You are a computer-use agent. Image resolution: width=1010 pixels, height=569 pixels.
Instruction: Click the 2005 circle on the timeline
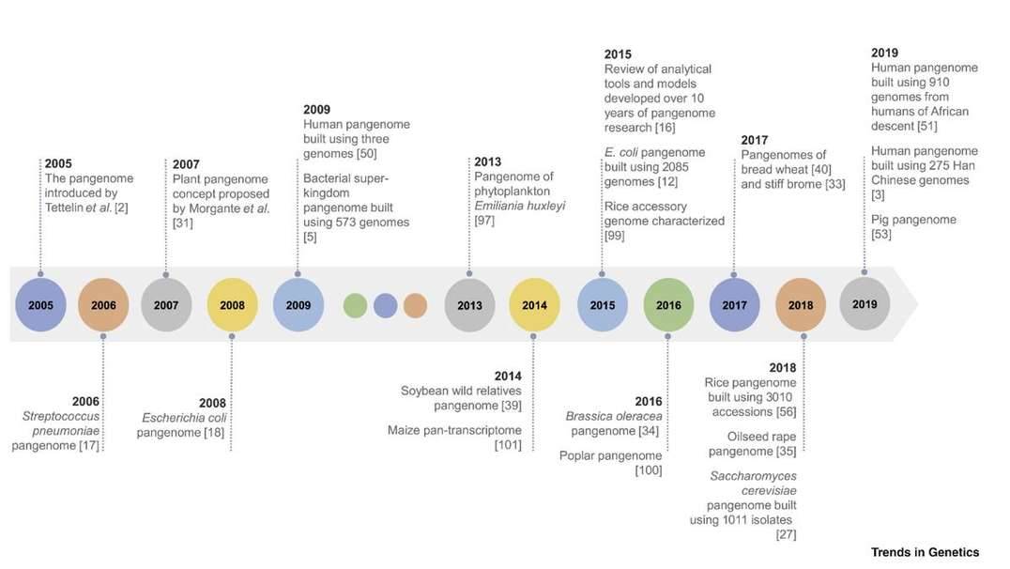pos(40,305)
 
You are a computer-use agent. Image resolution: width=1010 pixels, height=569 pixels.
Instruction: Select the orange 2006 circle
pos(103,305)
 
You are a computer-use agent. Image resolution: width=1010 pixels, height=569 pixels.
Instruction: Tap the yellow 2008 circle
pos(232,305)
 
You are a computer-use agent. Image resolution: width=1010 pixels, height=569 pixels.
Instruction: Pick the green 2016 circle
pos(668,305)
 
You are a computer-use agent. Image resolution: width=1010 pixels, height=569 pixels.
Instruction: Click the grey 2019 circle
pos(865,303)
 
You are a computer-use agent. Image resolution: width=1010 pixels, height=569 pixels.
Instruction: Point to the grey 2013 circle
pos(469,305)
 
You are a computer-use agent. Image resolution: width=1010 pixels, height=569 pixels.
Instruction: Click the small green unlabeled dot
pos(355,305)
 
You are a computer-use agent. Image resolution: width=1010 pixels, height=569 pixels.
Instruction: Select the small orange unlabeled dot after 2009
pos(415,305)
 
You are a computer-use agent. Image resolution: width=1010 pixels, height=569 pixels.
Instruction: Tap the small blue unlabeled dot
pos(385,305)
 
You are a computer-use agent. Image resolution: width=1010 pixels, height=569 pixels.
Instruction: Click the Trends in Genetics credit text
pos(924,552)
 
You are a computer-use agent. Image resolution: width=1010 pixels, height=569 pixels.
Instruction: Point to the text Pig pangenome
pos(913,220)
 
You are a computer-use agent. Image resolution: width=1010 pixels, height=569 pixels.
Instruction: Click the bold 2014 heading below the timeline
pos(508,377)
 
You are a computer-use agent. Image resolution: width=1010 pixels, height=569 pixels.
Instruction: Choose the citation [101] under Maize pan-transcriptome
pos(508,445)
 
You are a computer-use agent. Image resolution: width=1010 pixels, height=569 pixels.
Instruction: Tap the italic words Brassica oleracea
pos(612,416)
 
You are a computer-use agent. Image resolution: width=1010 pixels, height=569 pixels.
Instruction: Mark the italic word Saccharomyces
pos(753,477)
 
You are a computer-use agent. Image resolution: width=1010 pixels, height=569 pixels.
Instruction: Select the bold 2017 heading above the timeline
pos(755,141)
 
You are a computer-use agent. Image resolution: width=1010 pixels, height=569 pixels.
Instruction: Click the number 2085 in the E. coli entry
pos(687,167)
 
